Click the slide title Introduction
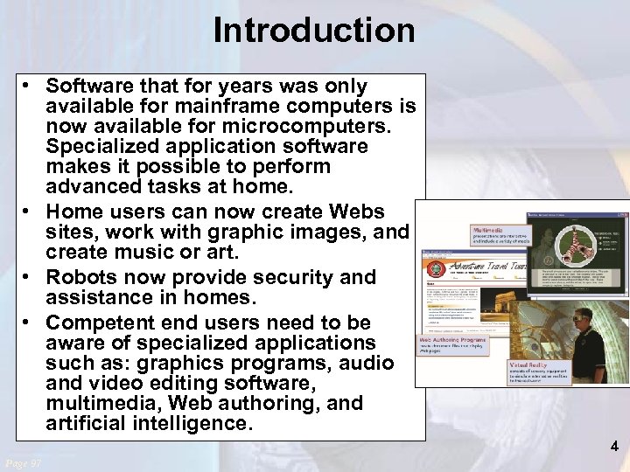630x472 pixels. click(314, 31)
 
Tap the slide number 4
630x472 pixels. click(614, 447)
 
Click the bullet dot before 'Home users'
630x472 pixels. click(30, 212)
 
